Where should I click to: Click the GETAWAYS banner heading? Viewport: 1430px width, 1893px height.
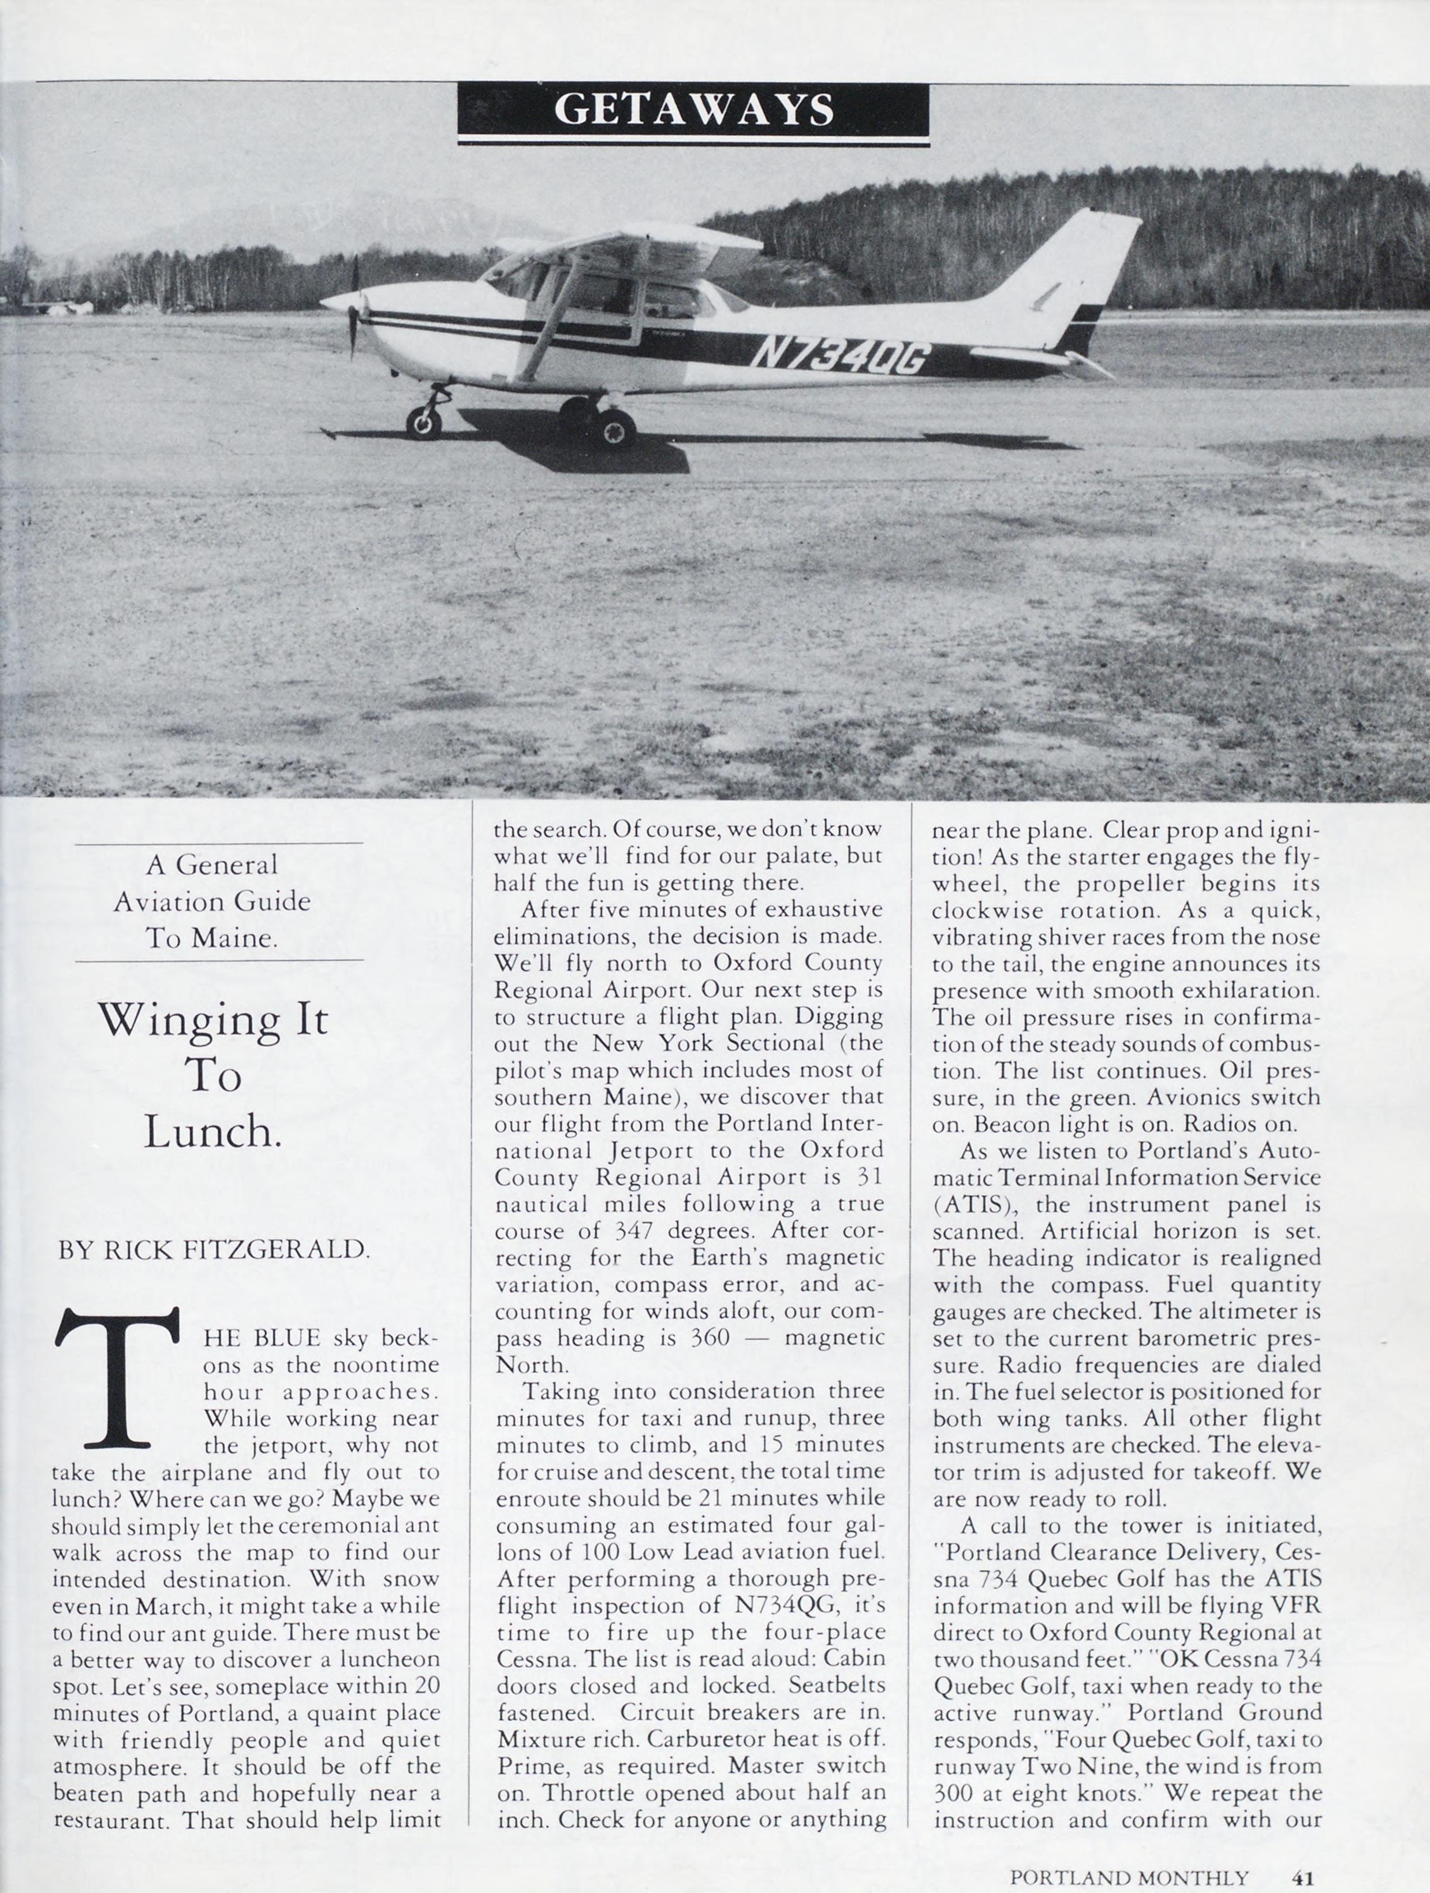pos(693,110)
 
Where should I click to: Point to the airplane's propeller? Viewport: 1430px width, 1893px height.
pos(353,308)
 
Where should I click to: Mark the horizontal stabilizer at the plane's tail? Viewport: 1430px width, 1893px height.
pos(1040,357)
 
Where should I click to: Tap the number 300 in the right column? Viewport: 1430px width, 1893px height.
pos(953,1793)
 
